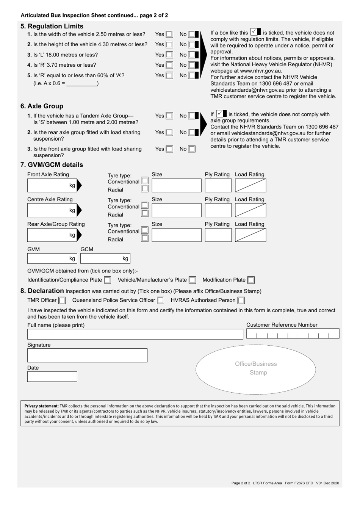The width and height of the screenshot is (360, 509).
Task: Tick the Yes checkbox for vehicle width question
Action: (x=169, y=34)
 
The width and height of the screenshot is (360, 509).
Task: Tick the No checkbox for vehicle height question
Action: (x=192, y=45)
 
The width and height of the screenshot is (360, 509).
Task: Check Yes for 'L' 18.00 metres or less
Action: (x=169, y=55)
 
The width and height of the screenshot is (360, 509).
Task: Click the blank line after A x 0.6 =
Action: (x=82, y=83)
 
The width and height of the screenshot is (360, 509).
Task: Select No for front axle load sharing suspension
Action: (x=192, y=149)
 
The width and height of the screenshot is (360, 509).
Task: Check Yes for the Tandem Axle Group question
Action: (x=169, y=116)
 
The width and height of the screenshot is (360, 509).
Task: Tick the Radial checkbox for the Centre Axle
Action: (x=145, y=213)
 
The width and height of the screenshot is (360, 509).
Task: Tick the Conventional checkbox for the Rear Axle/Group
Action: (x=145, y=230)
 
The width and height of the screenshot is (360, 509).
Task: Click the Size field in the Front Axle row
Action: (x=176, y=185)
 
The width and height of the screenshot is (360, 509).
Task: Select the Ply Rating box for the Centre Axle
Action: (x=218, y=210)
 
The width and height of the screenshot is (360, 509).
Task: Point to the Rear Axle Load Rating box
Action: (x=250, y=235)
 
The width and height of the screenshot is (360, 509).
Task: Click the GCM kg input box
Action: (x=105, y=258)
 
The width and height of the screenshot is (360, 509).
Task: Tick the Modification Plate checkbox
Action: (x=251, y=280)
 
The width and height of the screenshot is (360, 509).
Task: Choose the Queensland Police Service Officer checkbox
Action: (x=161, y=301)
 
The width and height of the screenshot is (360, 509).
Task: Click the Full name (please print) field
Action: (x=135, y=334)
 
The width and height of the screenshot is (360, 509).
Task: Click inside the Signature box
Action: (x=87, y=356)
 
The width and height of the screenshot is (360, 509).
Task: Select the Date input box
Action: (x=52, y=376)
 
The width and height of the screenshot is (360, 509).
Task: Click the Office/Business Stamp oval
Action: (x=256, y=369)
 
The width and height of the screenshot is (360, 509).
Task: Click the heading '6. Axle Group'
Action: (x=42, y=106)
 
